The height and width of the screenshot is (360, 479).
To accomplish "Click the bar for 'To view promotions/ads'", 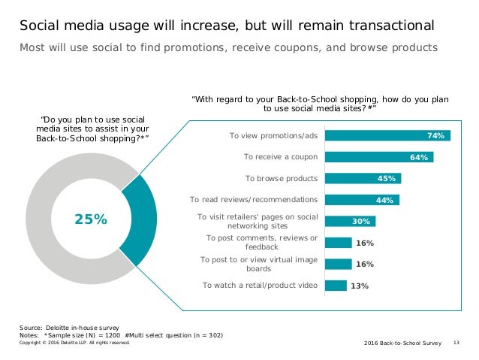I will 387,136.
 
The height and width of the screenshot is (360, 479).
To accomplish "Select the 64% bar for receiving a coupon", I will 379,157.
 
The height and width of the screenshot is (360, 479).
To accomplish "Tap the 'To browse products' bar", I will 363,178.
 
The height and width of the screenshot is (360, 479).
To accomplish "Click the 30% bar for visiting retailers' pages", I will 350,221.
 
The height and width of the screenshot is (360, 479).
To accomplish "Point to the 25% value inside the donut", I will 90,219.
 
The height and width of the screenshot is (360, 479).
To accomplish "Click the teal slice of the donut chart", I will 140,219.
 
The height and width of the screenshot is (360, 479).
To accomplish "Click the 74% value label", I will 436,136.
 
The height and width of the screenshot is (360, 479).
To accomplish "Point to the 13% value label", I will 360,286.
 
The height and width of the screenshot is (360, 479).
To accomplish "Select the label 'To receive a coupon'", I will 281,157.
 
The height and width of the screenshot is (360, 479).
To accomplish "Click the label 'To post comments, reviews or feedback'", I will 261,242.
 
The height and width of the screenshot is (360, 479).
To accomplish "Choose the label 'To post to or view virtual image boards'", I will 258,263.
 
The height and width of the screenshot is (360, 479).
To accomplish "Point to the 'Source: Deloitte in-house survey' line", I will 68,328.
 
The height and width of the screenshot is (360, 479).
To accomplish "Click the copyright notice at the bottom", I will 74,342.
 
